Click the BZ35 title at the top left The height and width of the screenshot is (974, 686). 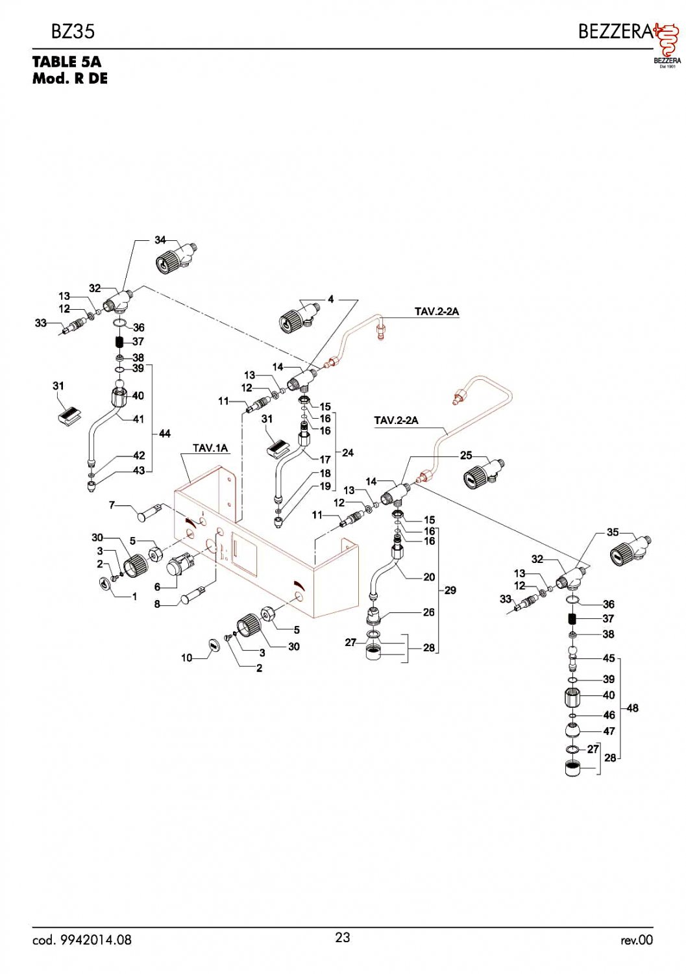pyautogui.click(x=73, y=31)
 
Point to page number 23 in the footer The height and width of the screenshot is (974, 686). pyautogui.click(x=343, y=937)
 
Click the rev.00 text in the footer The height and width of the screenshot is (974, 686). pyautogui.click(x=636, y=940)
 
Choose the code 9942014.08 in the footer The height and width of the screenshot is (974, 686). pyautogui.click(x=82, y=940)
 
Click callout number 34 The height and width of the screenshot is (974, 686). pyautogui.click(x=160, y=240)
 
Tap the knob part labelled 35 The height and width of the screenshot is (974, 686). pyautogui.click(x=626, y=552)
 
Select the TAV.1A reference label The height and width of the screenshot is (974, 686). pyautogui.click(x=210, y=448)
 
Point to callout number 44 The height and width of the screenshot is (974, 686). pyautogui.click(x=165, y=433)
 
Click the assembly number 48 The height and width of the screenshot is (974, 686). pyautogui.click(x=632, y=708)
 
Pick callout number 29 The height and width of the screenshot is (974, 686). pyautogui.click(x=450, y=590)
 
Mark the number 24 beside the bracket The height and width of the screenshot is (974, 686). pyautogui.click(x=348, y=452)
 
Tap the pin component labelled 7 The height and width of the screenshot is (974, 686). pyautogui.click(x=148, y=513)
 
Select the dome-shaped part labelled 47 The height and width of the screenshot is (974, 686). pyautogui.click(x=572, y=730)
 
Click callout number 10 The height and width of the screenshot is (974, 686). pyautogui.click(x=187, y=658)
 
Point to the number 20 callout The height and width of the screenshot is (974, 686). pyautogui.click(x=429, y=577)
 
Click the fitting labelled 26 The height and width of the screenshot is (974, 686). pyautogui.click(x=374, y=614)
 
